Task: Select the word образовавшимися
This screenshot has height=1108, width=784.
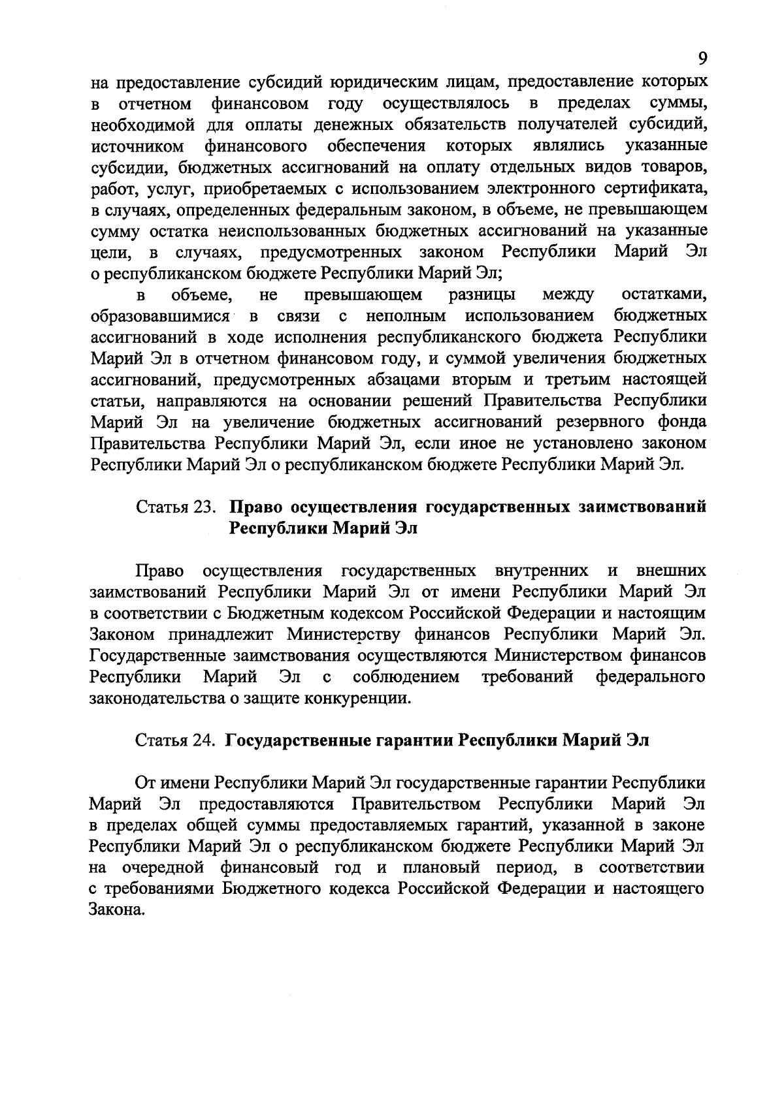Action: (159, 317)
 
